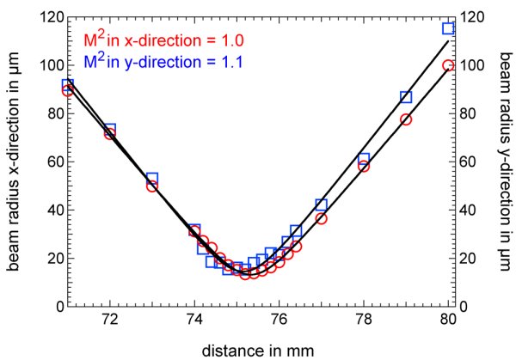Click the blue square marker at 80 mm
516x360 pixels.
click(x=448, y=28)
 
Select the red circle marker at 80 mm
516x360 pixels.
click(x=448, y=65)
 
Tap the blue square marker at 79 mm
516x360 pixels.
click(x=406, y=97)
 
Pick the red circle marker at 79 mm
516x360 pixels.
click(x=406, y=119)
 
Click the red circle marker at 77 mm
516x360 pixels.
click(x=321, y=218)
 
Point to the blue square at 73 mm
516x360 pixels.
click(x=152, y=179)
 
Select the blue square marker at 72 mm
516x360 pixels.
click(x=109, y=130)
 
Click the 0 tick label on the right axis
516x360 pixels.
click(x=465, y=306)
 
